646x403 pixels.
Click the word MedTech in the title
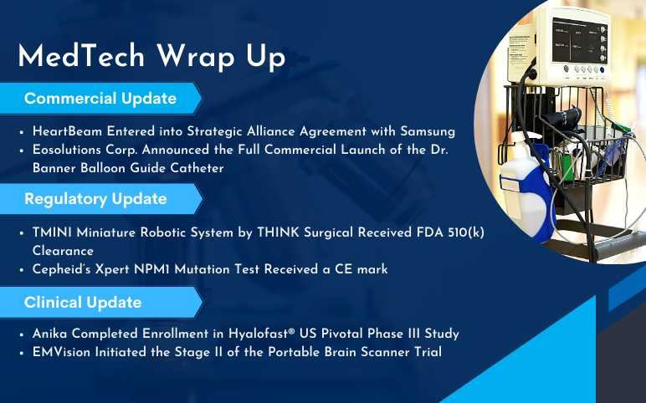[81, 55]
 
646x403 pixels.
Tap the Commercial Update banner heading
[100, 99]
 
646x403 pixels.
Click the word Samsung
[428, 132]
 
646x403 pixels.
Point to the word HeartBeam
[67, 131]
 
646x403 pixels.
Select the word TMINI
[52, 232]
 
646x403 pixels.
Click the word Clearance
[63, 251]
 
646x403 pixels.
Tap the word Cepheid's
[61, 269]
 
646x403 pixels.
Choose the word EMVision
[61, 352]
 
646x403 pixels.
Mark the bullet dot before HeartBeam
[22, 132]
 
